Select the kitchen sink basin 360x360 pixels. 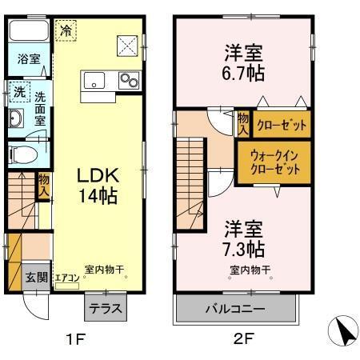[x=94, y=80]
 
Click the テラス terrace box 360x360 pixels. [x=102, y=306]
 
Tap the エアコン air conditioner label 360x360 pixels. [x=66, y=278]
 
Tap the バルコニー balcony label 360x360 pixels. [x=236, y=308]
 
